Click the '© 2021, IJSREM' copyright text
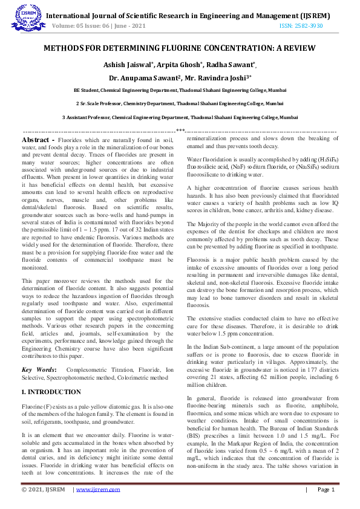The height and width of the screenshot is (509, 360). tap(44, 490)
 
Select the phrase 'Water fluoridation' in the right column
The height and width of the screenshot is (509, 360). tap(211, 159)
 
